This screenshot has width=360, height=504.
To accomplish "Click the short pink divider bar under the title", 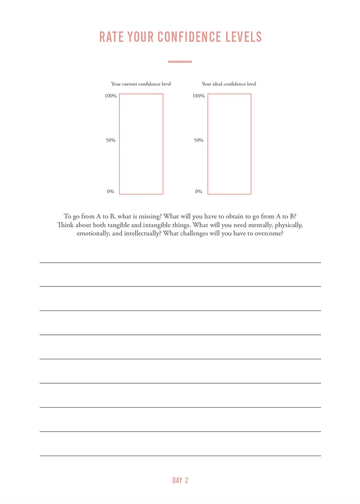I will tap(180, 62).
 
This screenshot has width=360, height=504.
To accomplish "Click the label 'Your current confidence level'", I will tap(141, 84).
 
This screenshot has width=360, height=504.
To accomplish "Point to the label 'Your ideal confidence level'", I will tap(229, 84).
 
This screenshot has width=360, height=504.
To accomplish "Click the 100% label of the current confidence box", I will tap(110, 96).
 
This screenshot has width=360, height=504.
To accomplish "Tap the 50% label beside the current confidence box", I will tap(110, 140).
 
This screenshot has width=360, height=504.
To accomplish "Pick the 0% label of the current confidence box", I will tap(110, 192).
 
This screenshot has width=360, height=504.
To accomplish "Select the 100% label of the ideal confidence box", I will tap(199, 96).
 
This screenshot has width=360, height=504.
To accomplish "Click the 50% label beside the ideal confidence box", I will tap(199, 140).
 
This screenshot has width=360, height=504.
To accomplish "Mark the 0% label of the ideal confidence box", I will tap(199, 192).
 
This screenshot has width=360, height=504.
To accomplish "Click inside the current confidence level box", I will tap(141, 144).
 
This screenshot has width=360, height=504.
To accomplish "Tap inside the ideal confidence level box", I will tap(229, 144).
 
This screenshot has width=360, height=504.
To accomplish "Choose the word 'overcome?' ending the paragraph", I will tap(269, 233).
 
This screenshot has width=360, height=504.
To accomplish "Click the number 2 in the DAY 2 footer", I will tap(186, 480).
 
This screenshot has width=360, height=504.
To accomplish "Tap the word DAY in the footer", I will tap(177, 480).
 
